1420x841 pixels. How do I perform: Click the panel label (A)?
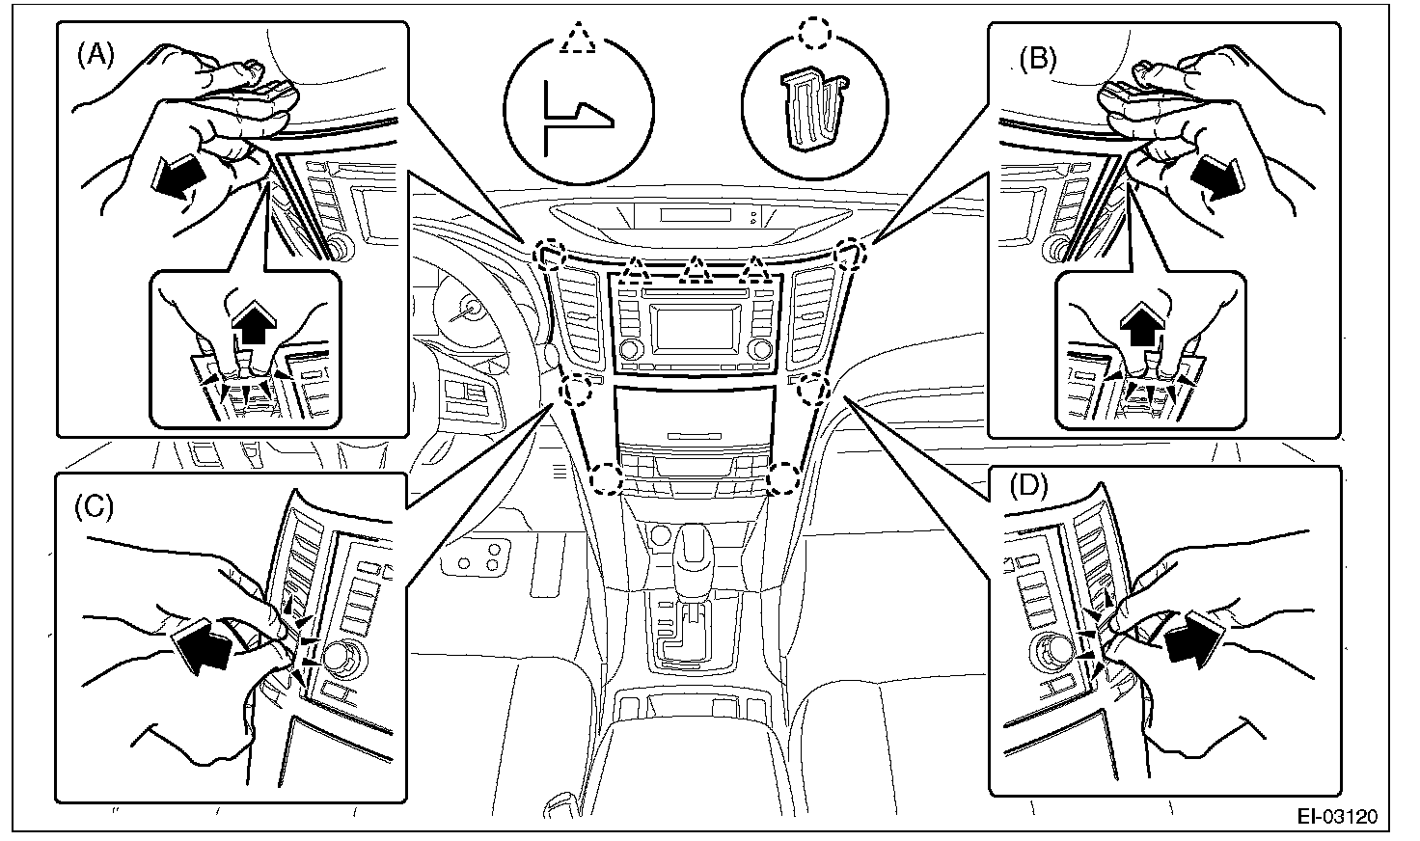click(95, 56)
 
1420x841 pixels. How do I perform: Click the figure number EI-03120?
click(1336, 817)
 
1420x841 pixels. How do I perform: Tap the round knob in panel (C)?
click(339, 659)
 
